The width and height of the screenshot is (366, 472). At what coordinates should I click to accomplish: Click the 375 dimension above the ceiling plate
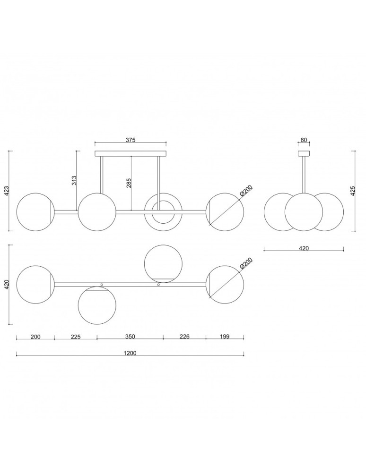[x=131, y=140]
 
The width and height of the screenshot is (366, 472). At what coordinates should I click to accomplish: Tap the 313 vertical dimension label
[x=74, y=180]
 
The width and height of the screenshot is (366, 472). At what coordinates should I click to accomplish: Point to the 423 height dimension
[x=7, y=191]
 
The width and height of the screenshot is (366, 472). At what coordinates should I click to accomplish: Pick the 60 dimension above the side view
[x=304, y=140]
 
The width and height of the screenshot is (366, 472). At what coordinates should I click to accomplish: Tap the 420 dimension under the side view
[x=304, y=247]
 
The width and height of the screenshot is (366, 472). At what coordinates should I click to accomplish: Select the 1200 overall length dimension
[x=130, y=353]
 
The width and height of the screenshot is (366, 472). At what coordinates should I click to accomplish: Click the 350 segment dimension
[x=130, y=337]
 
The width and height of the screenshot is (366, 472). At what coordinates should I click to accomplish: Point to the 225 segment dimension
[x=76, y=337]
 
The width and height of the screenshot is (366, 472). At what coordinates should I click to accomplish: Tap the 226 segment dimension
[x=184, y=337]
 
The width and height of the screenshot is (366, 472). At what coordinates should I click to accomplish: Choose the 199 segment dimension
[x=225, y=337]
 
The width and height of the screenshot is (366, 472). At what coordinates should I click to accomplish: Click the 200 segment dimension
[x=35, y=337]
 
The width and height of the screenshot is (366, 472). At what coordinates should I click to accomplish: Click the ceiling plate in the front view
[x=131, y=153]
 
